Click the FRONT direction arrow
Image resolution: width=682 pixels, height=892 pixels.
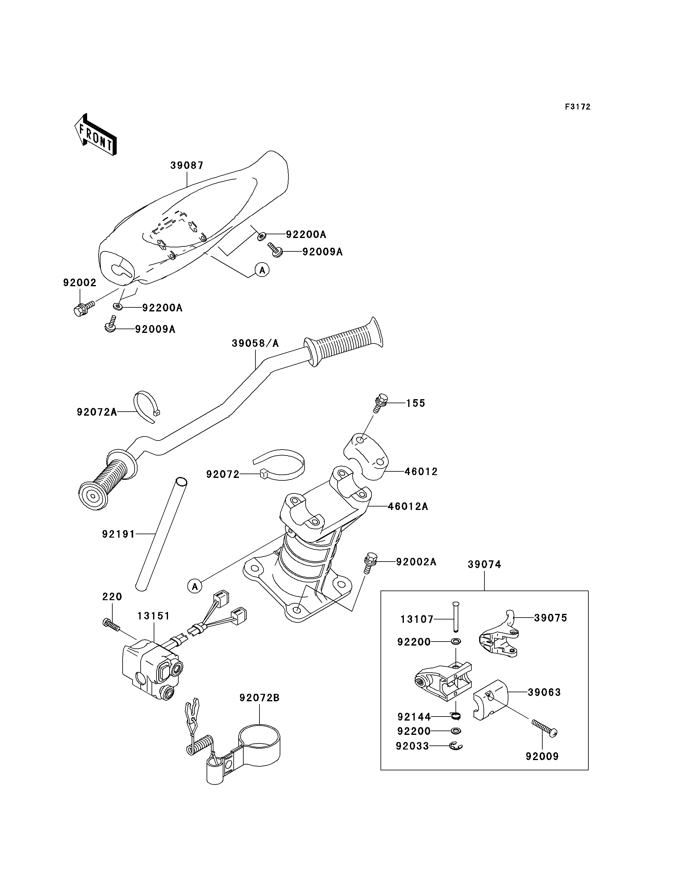tap(96, 134)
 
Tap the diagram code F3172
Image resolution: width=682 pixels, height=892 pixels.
tap(578, 107)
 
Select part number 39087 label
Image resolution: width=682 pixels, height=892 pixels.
tap(187, 165)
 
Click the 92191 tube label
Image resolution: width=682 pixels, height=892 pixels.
tap(118, 534)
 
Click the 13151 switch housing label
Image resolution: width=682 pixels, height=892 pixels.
tap(153, 616)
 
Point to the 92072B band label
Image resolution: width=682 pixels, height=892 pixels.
tap(259, 698)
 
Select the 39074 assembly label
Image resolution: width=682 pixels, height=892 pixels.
tap(484, 564)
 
